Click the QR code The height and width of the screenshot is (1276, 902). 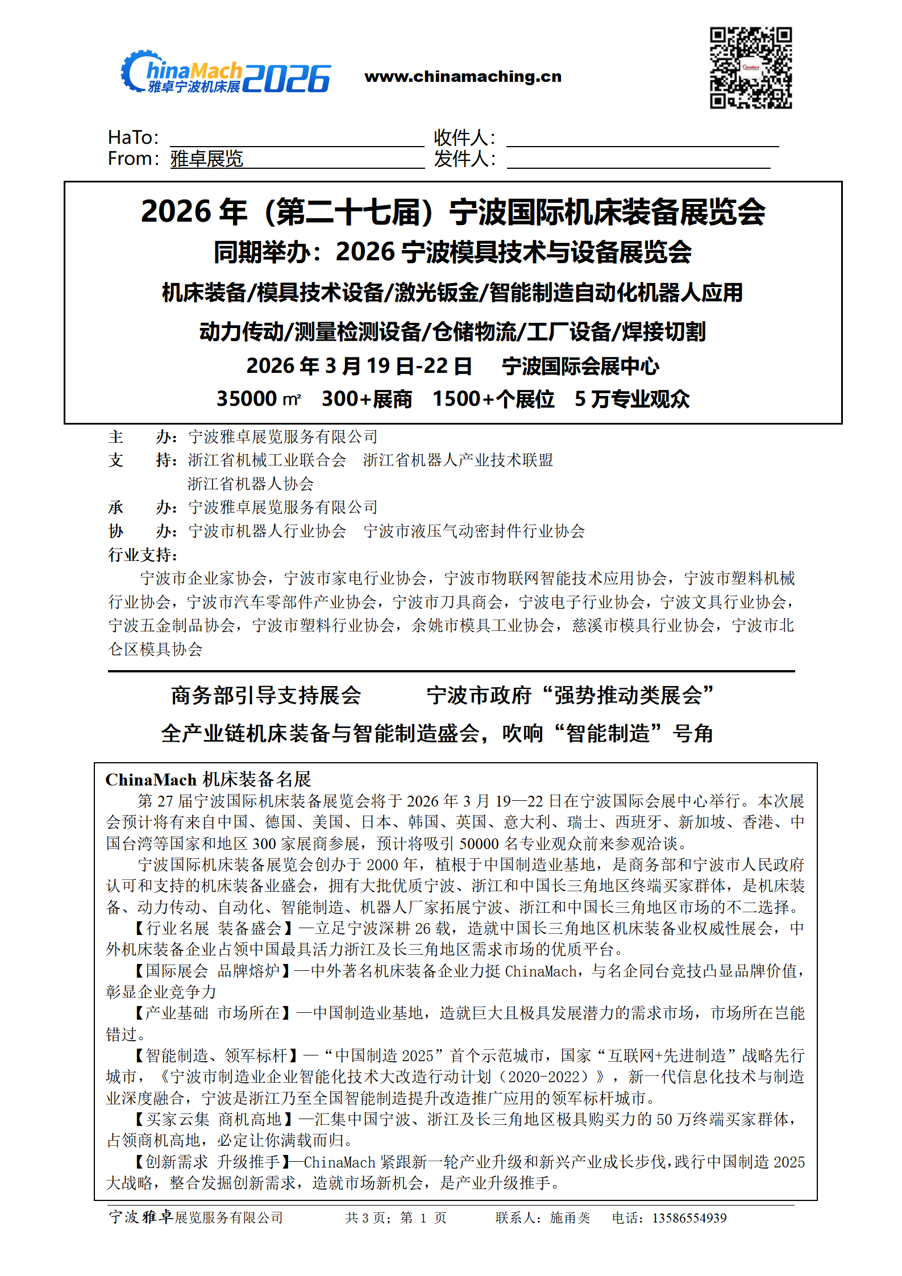(x=750, y=68)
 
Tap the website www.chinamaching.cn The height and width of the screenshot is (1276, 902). (x=463, y=77)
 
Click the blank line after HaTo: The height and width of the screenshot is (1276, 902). (x=297, y=139)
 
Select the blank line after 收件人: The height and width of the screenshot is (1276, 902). (x=642, y=139)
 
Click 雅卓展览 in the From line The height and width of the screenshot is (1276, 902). (x=207, y=159)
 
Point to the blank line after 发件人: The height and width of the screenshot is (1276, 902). (x=638, y=161)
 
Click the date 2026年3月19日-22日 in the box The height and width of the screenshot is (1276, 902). (x=359, y=366)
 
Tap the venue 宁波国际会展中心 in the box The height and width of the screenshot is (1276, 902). (x=580, y=367)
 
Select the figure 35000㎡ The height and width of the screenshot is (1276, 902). (x=259, y=399)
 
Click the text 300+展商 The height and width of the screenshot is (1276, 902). (x=367, y=399)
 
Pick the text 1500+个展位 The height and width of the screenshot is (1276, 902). (x=493, y=399)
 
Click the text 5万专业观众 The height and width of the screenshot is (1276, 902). (x=632, y=399)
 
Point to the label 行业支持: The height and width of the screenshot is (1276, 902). (x=143, y=555)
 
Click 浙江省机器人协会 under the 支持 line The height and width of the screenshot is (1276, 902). (x=251, y=484)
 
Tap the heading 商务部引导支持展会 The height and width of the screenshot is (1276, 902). (x=266, y=695)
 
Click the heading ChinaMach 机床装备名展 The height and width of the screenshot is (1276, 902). (x=208, y=779)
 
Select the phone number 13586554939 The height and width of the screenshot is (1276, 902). (x=689, y=1218)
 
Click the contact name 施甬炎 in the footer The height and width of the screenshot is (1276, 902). (x=570, y=1218)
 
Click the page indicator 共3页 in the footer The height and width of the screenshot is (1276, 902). (x=365, y=1218)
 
